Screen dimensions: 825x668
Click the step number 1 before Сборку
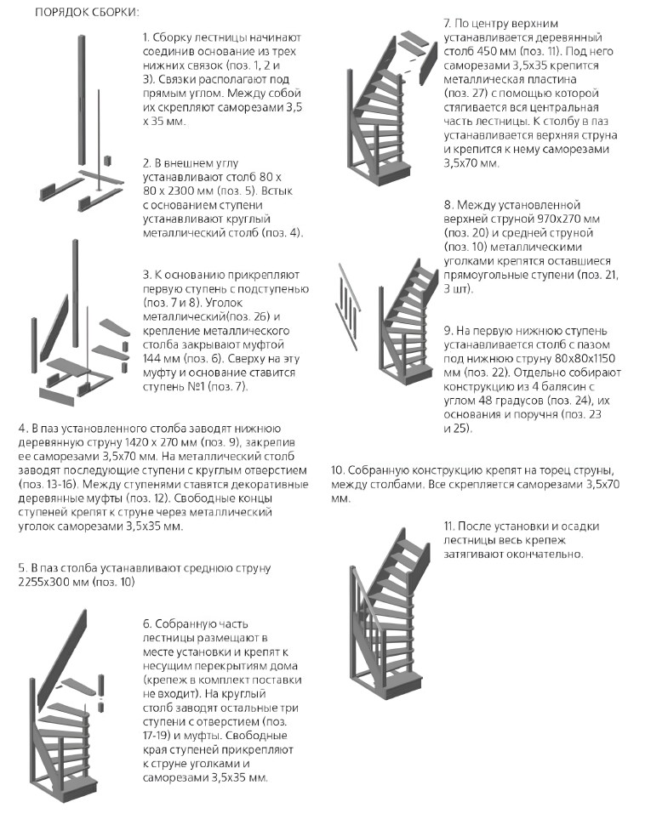(146, 37)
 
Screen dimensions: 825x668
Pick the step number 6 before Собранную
(146, 623)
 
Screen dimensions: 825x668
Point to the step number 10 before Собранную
(337, 470)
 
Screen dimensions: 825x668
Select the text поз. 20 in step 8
(466, 233)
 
